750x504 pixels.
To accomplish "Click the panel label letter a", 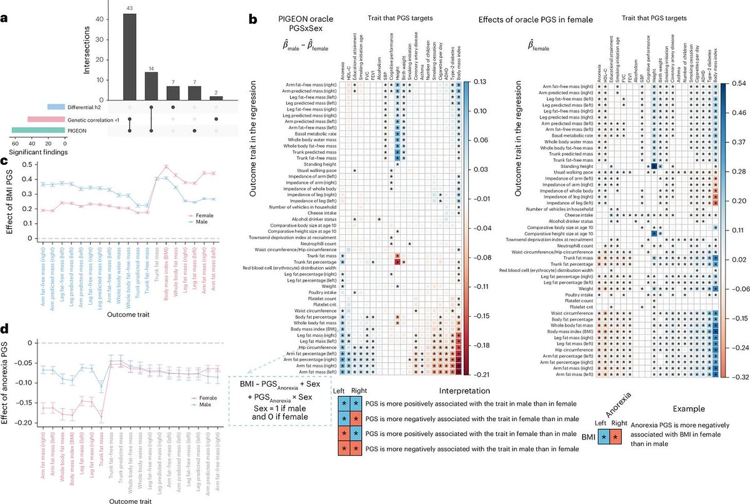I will coord(5,18).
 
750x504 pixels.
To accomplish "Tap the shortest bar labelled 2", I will coord(216,98).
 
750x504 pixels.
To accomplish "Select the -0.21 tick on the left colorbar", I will coord(482,374).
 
